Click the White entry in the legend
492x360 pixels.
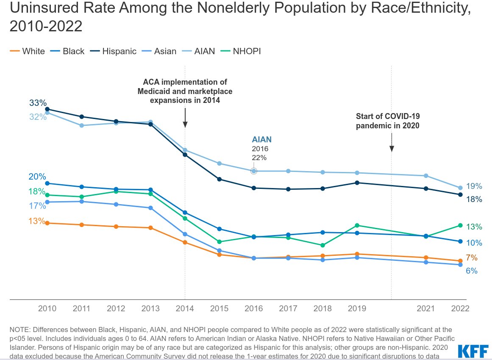[28, 51]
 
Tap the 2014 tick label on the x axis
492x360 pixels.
[185, 308]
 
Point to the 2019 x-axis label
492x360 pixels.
[357, 308]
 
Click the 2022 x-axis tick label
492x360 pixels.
[460, 308]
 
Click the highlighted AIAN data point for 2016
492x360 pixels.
[254, 171]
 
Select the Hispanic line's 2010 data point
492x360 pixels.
[47, 109]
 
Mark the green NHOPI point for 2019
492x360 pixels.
[357, 225]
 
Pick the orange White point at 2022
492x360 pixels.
[460, 261]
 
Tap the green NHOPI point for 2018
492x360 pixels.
[322, 245]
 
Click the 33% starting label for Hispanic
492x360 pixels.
[38, 103]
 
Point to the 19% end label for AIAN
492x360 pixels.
[474, 186]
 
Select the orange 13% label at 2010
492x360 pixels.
[37, 221]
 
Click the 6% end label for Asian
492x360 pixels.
[472, 271]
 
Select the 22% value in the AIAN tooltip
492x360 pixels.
[259, 158]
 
